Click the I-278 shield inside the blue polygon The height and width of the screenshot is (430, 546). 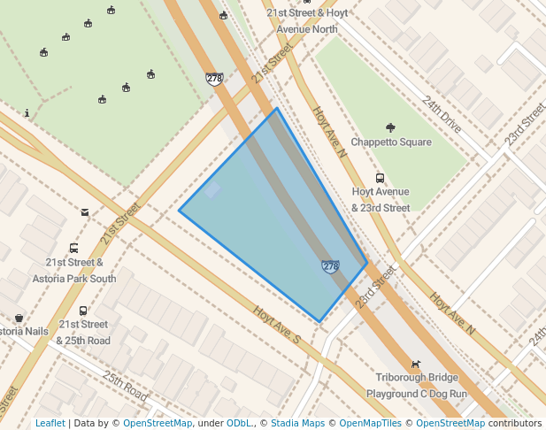pyautogui.click(x=330, y=266)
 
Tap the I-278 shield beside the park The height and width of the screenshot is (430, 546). pyautogui.click(x=214, y=79)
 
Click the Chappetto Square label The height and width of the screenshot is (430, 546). pyautogui.click(x=391, y=142)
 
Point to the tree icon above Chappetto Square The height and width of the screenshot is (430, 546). pyautogui.click(x=391, y=128)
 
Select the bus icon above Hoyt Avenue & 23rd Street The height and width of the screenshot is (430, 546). pyautogui.click(x=381, y=178)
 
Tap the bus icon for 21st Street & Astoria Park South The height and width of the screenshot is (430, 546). pyautogui.click(x=73, y=249)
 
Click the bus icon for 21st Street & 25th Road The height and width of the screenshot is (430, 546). pyautogui.click(x=83, y=311)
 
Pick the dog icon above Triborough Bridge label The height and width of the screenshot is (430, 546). pyautogui.click(x=415, y=364)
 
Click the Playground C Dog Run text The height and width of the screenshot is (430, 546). pyautogui.click(x=416, y=393)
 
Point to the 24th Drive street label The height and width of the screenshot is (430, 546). pyautogui.click(x=442, y=114)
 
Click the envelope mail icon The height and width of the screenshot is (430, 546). pyautogui.click(x=85, y=212)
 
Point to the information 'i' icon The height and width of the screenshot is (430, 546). pyautogui.click(x=27, y=113)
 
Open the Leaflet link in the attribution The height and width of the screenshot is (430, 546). pyautogui.click(x=50, y=423)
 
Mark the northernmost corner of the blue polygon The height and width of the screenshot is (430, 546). pyautogui.click(x=276, y=109)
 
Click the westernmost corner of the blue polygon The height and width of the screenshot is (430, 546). pyautogui.click(x=180, y=211)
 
